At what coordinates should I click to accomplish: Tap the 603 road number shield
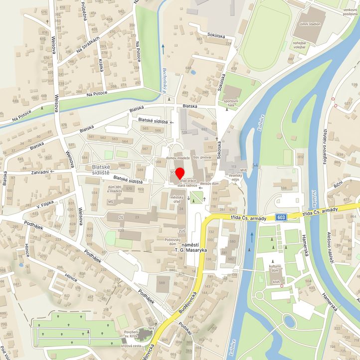pyautogui.click(x=282, y=216)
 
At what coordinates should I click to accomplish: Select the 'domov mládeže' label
pyautogui.click(x=178, y=158)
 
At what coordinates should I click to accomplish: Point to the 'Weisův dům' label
pyautogui.click(x=209, y=183)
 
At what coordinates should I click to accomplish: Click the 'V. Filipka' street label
pyautogui.click(x=45, y=204)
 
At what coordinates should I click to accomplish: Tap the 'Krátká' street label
pyautogui.click(x=101, y=63)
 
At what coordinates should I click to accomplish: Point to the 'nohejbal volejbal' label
pyautogui.click(x=300, y=47)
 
